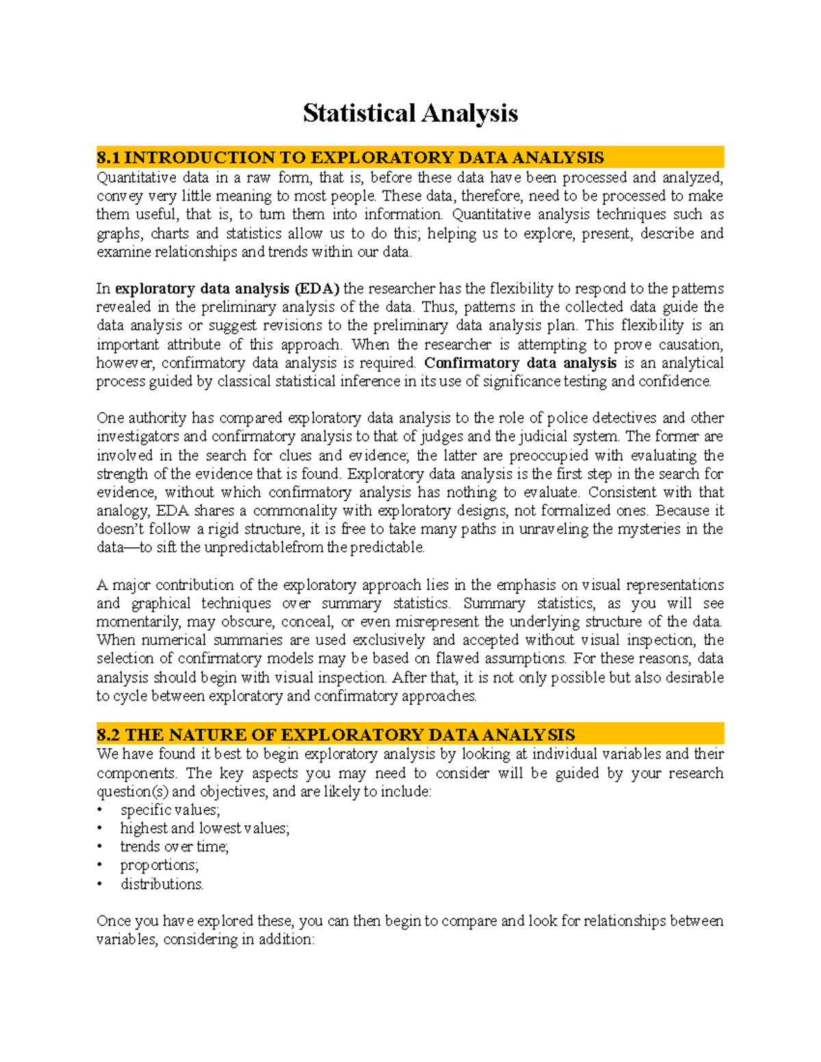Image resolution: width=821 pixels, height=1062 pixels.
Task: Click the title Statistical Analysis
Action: pyautogui.click(x=410, y=113)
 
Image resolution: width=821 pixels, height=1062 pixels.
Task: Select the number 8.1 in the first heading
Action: pyautogui.click(x=108, y=158)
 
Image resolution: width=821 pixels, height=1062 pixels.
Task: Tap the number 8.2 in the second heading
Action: pyautogui.click(x=108, y=735)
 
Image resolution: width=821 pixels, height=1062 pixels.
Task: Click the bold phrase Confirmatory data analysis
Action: pyautogui.click(x=520, y=363)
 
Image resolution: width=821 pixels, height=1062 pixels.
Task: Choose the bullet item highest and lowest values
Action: pyautogui.click(x=205, y=829)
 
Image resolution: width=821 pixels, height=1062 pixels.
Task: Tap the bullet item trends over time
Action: pyautogui.click(x=174, y=847)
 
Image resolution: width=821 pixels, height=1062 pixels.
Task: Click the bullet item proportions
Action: pyautogui.click(x=159, y=866)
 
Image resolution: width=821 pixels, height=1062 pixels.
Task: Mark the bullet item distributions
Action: pyautogui.click(x=162, y=884)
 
